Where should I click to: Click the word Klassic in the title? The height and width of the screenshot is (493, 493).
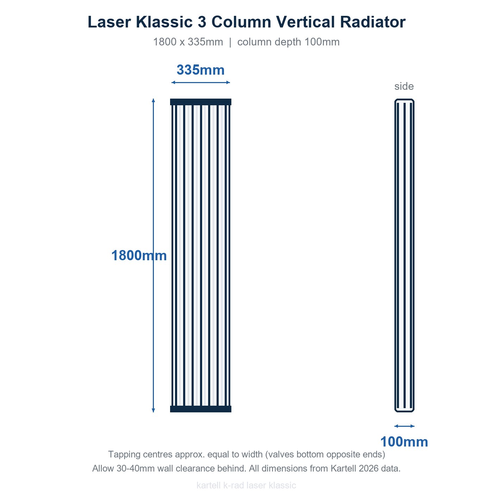164,22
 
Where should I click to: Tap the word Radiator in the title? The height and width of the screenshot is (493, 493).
373,22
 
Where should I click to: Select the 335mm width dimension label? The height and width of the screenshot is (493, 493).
201,70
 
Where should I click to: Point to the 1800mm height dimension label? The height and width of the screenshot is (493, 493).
139,255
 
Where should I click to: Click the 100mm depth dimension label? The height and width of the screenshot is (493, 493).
404,442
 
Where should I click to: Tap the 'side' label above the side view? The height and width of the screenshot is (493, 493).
404,86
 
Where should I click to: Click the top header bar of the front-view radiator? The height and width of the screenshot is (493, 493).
201,102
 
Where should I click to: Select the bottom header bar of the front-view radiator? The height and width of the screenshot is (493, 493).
201,409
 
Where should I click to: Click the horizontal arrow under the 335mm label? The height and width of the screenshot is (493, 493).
201,82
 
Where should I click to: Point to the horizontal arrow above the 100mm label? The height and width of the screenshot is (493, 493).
404,426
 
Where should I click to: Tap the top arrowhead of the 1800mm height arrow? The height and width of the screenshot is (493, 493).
153,100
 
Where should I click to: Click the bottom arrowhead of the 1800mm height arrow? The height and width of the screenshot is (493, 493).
153,410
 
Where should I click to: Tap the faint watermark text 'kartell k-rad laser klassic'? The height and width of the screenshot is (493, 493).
246,485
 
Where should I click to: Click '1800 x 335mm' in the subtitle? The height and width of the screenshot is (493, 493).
188,42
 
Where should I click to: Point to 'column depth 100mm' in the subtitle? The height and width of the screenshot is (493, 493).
288,42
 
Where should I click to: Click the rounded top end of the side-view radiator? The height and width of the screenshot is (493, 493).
404,100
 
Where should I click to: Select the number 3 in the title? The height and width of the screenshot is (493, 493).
202,22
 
